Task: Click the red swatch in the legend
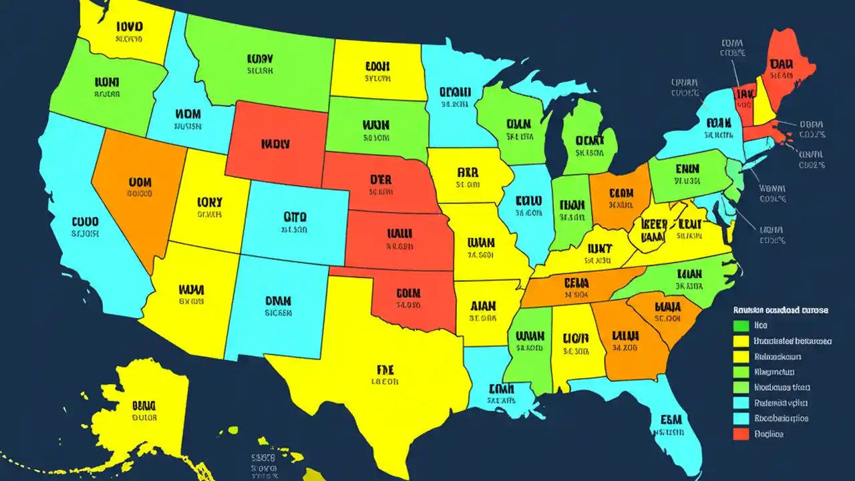[x=741, y=434]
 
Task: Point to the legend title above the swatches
[x=780, y=311]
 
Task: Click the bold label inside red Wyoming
[x=275, y=143]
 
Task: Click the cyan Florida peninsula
[x=671, y=421]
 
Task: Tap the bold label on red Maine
[x=781, y=63]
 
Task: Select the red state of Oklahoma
[x=407, y=297]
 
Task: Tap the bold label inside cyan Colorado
[x=295, y=216]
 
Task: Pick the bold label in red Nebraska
[x=380, y=180]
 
